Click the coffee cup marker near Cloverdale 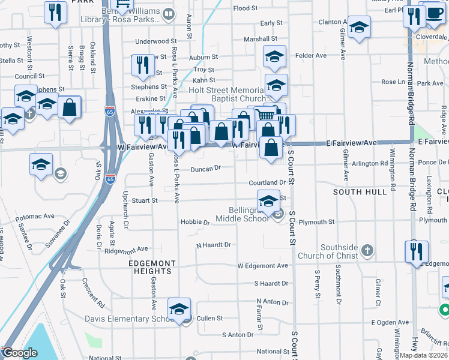[x=435, y=14]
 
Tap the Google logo [x=19, y=353]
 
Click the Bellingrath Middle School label [x=249, y=214]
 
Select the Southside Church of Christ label [x=339, y=251]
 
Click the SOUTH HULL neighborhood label [x=360, y=192]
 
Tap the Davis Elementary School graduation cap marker [x=179, y=310]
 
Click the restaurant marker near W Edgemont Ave [x=415, y=251]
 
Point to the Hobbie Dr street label [x=194, y=222]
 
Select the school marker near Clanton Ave [x=359, y=28]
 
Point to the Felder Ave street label [x=311, y=56]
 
